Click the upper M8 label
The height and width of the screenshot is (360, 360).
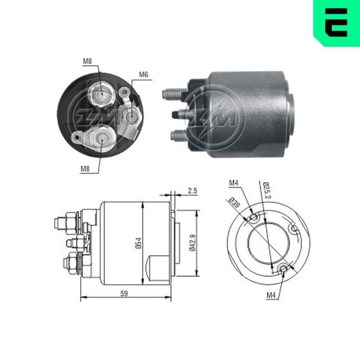[x=87, y=61]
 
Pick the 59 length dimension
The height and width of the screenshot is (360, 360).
[x=124, y=293]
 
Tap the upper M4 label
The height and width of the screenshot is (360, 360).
[x=234, y=183]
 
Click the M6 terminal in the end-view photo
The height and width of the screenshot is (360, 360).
[x=131, y=116]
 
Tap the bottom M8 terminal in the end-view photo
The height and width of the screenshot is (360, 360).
[x=101, y=137]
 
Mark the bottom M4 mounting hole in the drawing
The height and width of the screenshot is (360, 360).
[x=284, y=268]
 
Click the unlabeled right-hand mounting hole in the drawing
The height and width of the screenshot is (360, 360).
[x=294, y=229]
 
